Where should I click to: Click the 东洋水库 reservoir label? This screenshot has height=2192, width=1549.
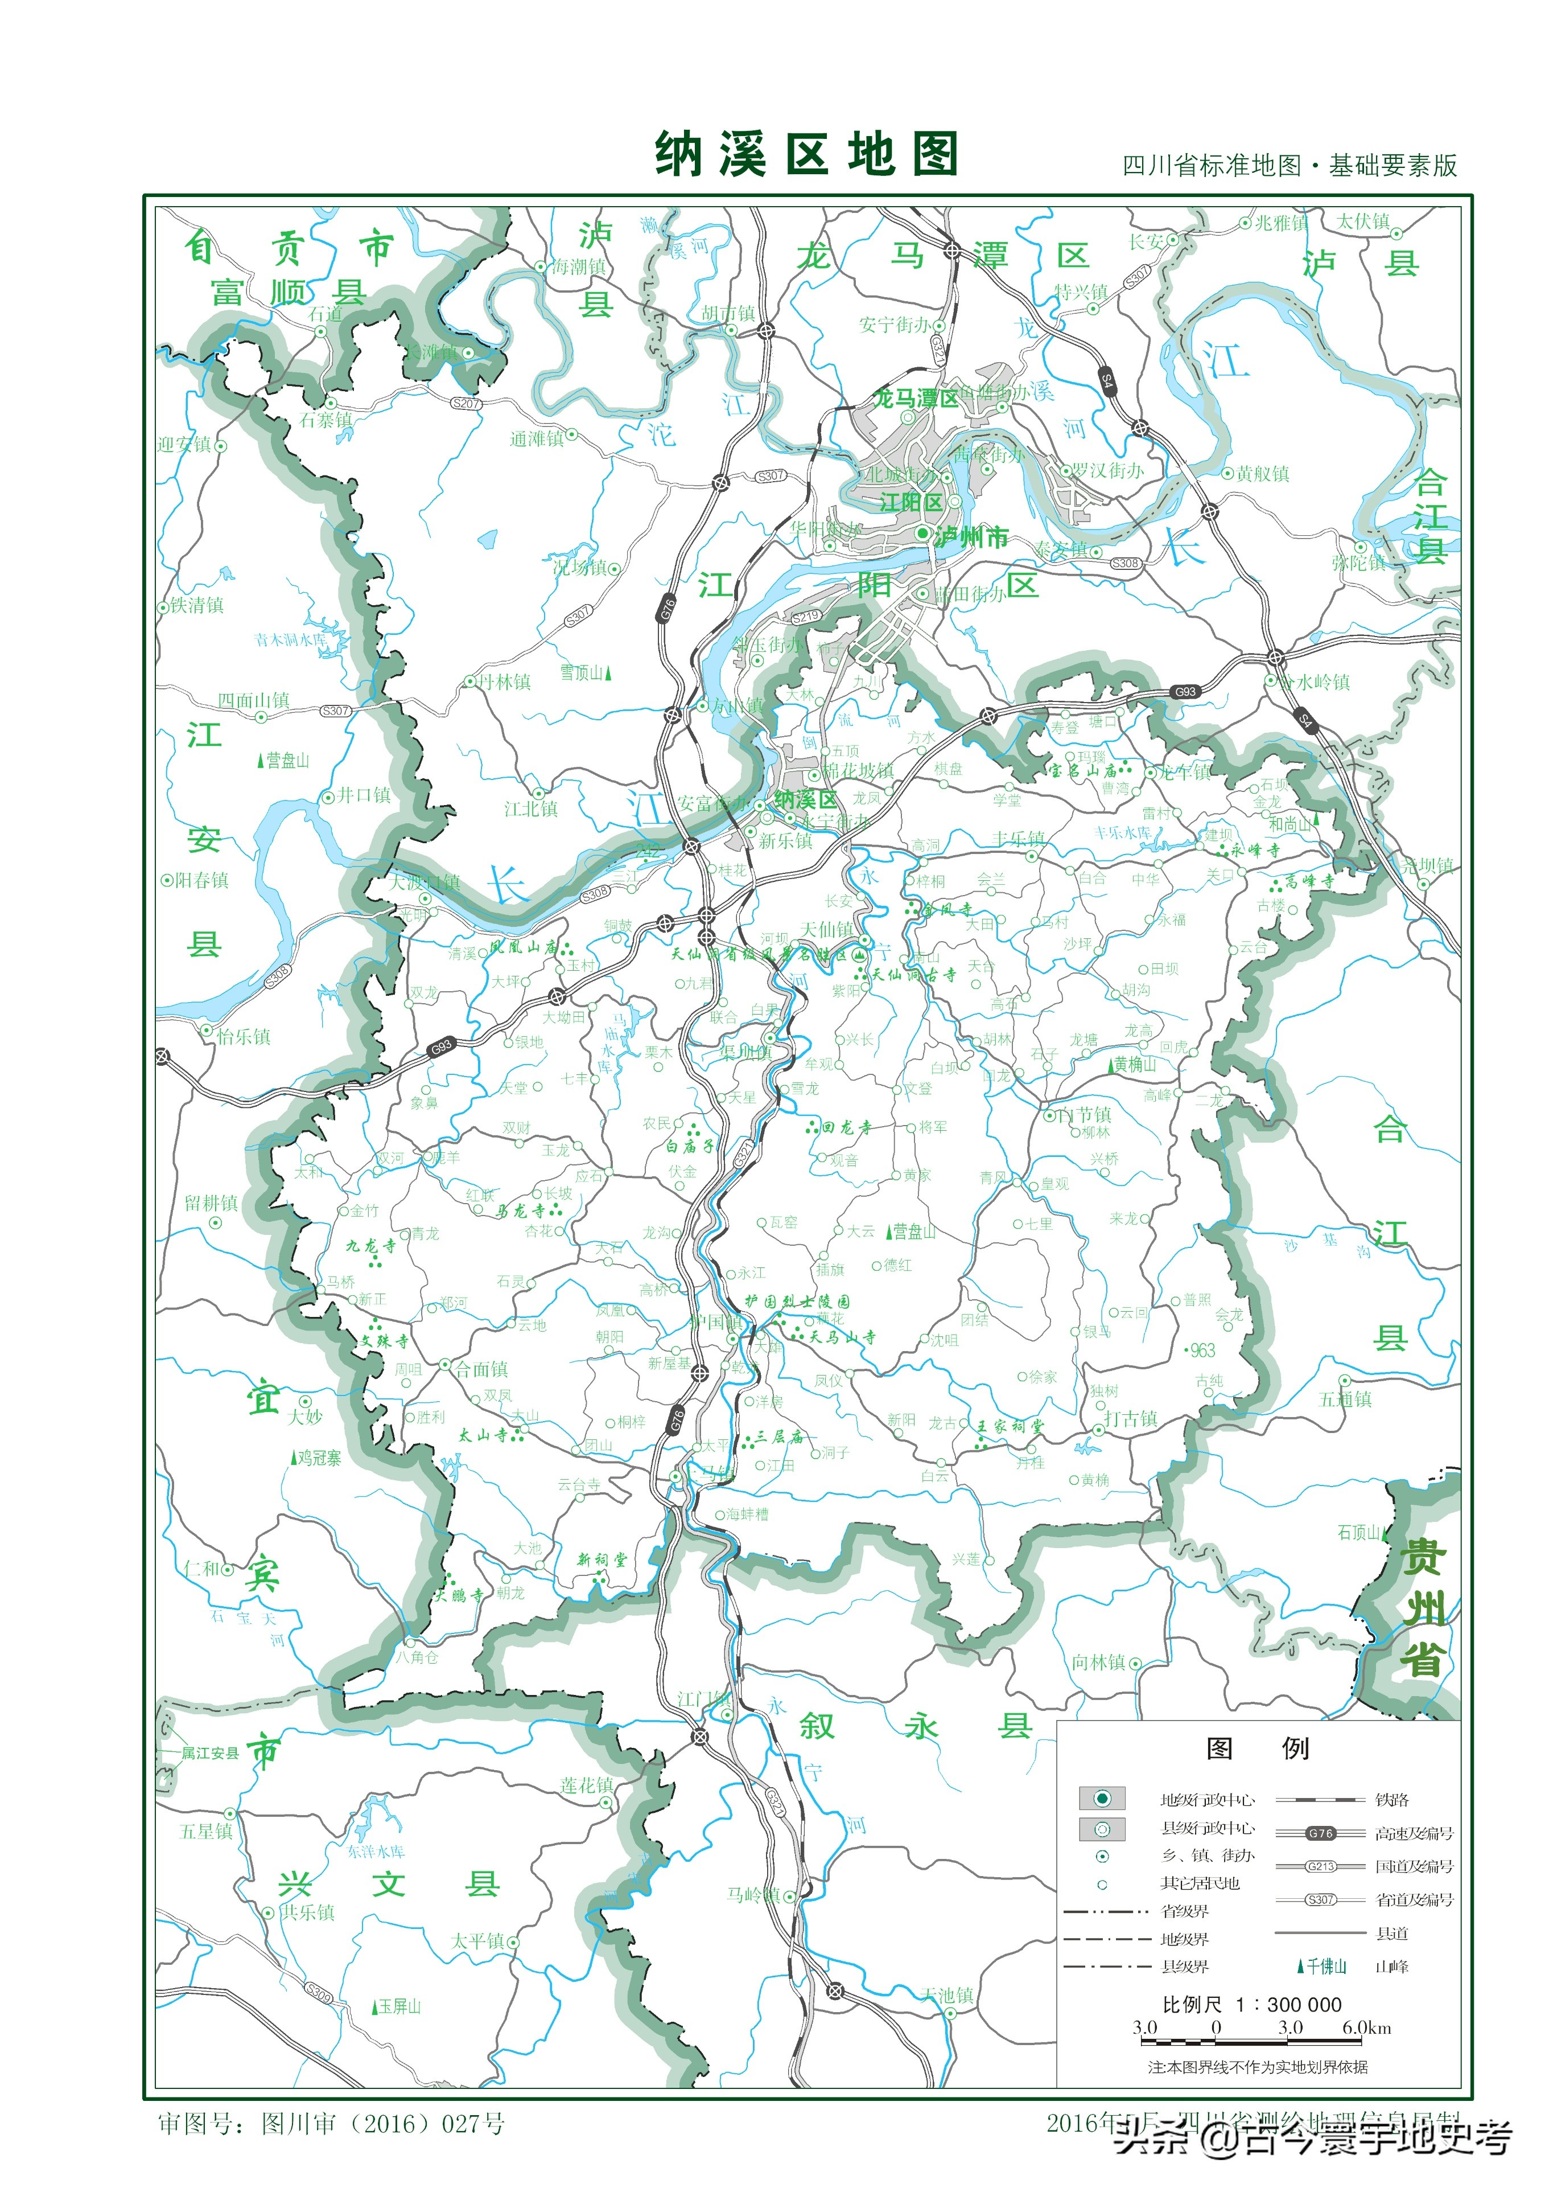[x=376, y=1851]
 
